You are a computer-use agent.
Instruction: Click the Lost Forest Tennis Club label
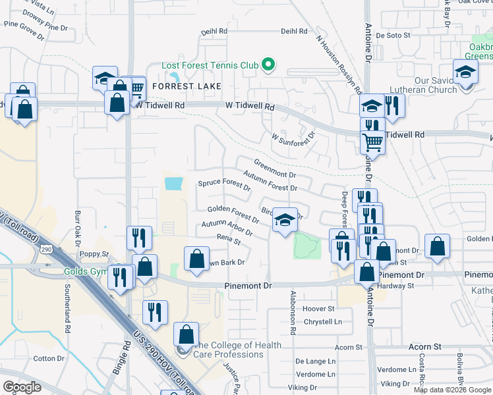point(210,65)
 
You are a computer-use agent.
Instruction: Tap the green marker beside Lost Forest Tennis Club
point(268,65)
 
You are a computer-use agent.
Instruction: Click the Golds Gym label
point(85,271)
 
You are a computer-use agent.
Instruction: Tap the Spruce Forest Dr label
point(224,185)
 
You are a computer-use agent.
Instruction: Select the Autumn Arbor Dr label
point(227,228)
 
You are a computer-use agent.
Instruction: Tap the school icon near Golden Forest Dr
point(285,220)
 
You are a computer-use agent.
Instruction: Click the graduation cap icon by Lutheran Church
point(465,72)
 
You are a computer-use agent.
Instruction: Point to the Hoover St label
point(318,308)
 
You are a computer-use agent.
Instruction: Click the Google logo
point(22,387)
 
